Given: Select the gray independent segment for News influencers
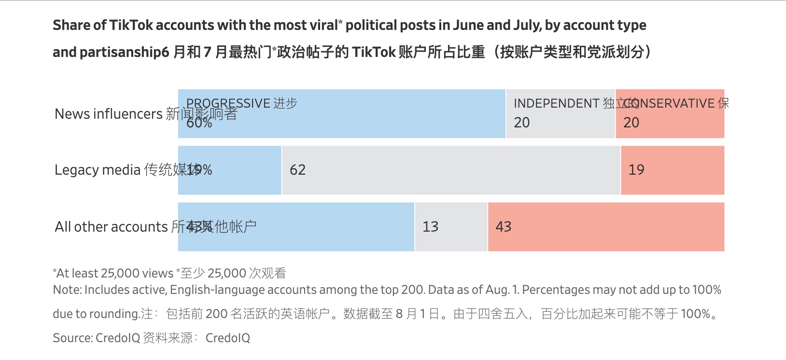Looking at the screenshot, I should [x=560, y=114].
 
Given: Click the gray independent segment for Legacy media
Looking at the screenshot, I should [x=451, y=170].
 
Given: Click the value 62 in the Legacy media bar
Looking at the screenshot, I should [x=297, y=170].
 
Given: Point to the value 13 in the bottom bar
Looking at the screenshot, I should [x=430, y=227].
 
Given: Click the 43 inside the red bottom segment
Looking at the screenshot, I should [x=503, y=227].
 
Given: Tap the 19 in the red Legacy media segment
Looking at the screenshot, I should [x=636, y=170].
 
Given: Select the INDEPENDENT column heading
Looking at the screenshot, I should [x=556, y=103].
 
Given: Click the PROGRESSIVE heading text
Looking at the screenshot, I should [x=228, y=103].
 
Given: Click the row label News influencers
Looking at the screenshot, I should [x=109, y=114].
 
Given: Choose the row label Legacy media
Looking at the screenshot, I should [x=98, y=170].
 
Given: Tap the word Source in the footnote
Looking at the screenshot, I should [x=72, y=338].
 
